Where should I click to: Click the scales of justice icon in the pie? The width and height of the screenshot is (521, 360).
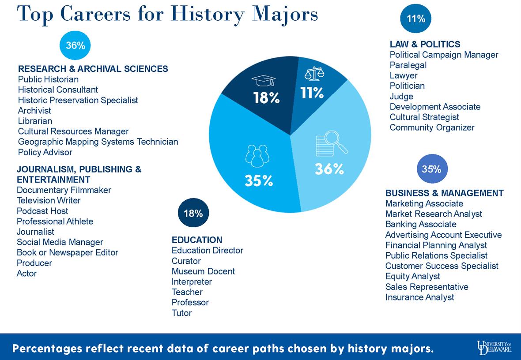314,74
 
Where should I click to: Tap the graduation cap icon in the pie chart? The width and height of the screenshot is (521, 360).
263,81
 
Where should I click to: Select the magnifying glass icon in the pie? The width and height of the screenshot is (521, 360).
331,146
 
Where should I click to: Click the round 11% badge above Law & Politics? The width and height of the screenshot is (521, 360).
415,19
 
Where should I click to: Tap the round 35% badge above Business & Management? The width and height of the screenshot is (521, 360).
431,169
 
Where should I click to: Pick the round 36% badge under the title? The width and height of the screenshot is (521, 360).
75,45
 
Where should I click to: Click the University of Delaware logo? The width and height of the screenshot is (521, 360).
494,347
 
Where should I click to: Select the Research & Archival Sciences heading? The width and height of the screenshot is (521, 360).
93,69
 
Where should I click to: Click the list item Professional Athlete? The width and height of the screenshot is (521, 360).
55,221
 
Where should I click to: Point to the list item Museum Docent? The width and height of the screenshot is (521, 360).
203,271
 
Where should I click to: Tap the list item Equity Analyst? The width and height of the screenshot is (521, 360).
412,276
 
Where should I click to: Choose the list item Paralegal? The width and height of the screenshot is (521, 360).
408,65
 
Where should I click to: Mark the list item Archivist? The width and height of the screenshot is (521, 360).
34,111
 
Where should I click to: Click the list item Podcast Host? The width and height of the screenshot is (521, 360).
42,211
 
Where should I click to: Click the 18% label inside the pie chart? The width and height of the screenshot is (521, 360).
266,98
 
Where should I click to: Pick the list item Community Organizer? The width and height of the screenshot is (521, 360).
432,127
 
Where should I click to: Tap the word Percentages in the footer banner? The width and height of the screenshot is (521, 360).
48,349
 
